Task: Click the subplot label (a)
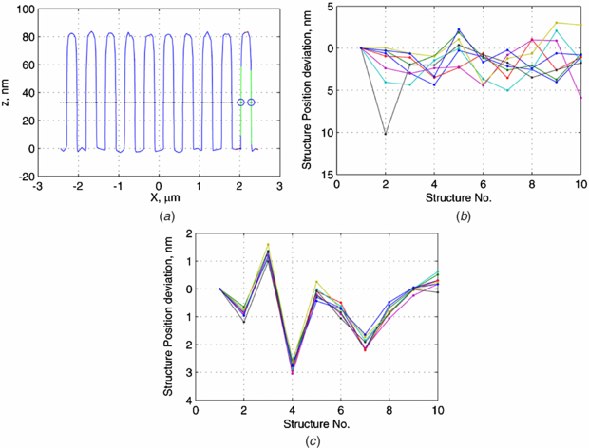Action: click(158, 216)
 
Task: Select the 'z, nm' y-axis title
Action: click(9, 92)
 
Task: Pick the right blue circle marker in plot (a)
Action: click(252, 102)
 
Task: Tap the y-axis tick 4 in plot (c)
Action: click(188, 401)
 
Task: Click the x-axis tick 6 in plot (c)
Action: click(341, 412)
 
